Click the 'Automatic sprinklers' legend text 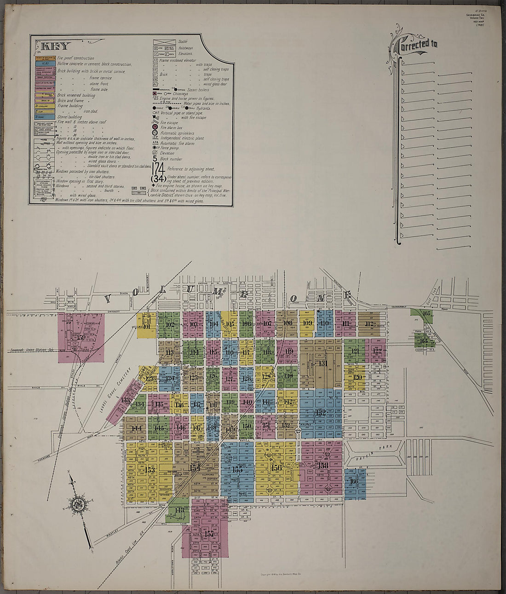click(177, 133)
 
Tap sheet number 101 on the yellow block click(147, 327)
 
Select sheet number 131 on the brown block click(322, 363)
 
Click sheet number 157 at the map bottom click(209, 534)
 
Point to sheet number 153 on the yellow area click(150, 470)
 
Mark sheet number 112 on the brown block click(369, 324)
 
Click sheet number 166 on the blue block click(353, 482)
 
